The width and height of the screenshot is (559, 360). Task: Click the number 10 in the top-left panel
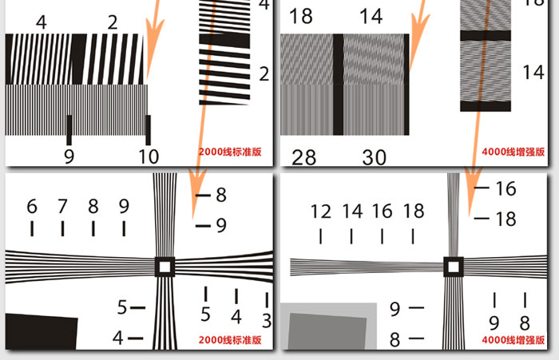point(149,156)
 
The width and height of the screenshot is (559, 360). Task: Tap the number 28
point(303,157)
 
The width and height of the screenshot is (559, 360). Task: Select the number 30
point(374,157)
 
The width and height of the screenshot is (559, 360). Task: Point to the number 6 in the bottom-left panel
point(32,207)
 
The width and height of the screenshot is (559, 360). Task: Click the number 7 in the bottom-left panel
point(62,207)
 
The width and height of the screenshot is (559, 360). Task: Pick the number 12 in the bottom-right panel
point(321,212)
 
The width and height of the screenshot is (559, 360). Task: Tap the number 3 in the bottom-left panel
point(267,321)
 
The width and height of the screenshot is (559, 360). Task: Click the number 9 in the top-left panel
point(69,156)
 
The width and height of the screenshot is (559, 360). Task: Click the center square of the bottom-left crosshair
point(165,266)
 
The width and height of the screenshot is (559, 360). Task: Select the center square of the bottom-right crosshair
point(453,267)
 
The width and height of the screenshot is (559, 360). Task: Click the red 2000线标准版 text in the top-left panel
point(229,151)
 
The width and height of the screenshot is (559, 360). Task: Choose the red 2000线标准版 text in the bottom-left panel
point(229,340)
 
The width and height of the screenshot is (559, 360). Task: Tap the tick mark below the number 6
point(32,229)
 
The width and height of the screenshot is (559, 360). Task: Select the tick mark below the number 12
point(321,237)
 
